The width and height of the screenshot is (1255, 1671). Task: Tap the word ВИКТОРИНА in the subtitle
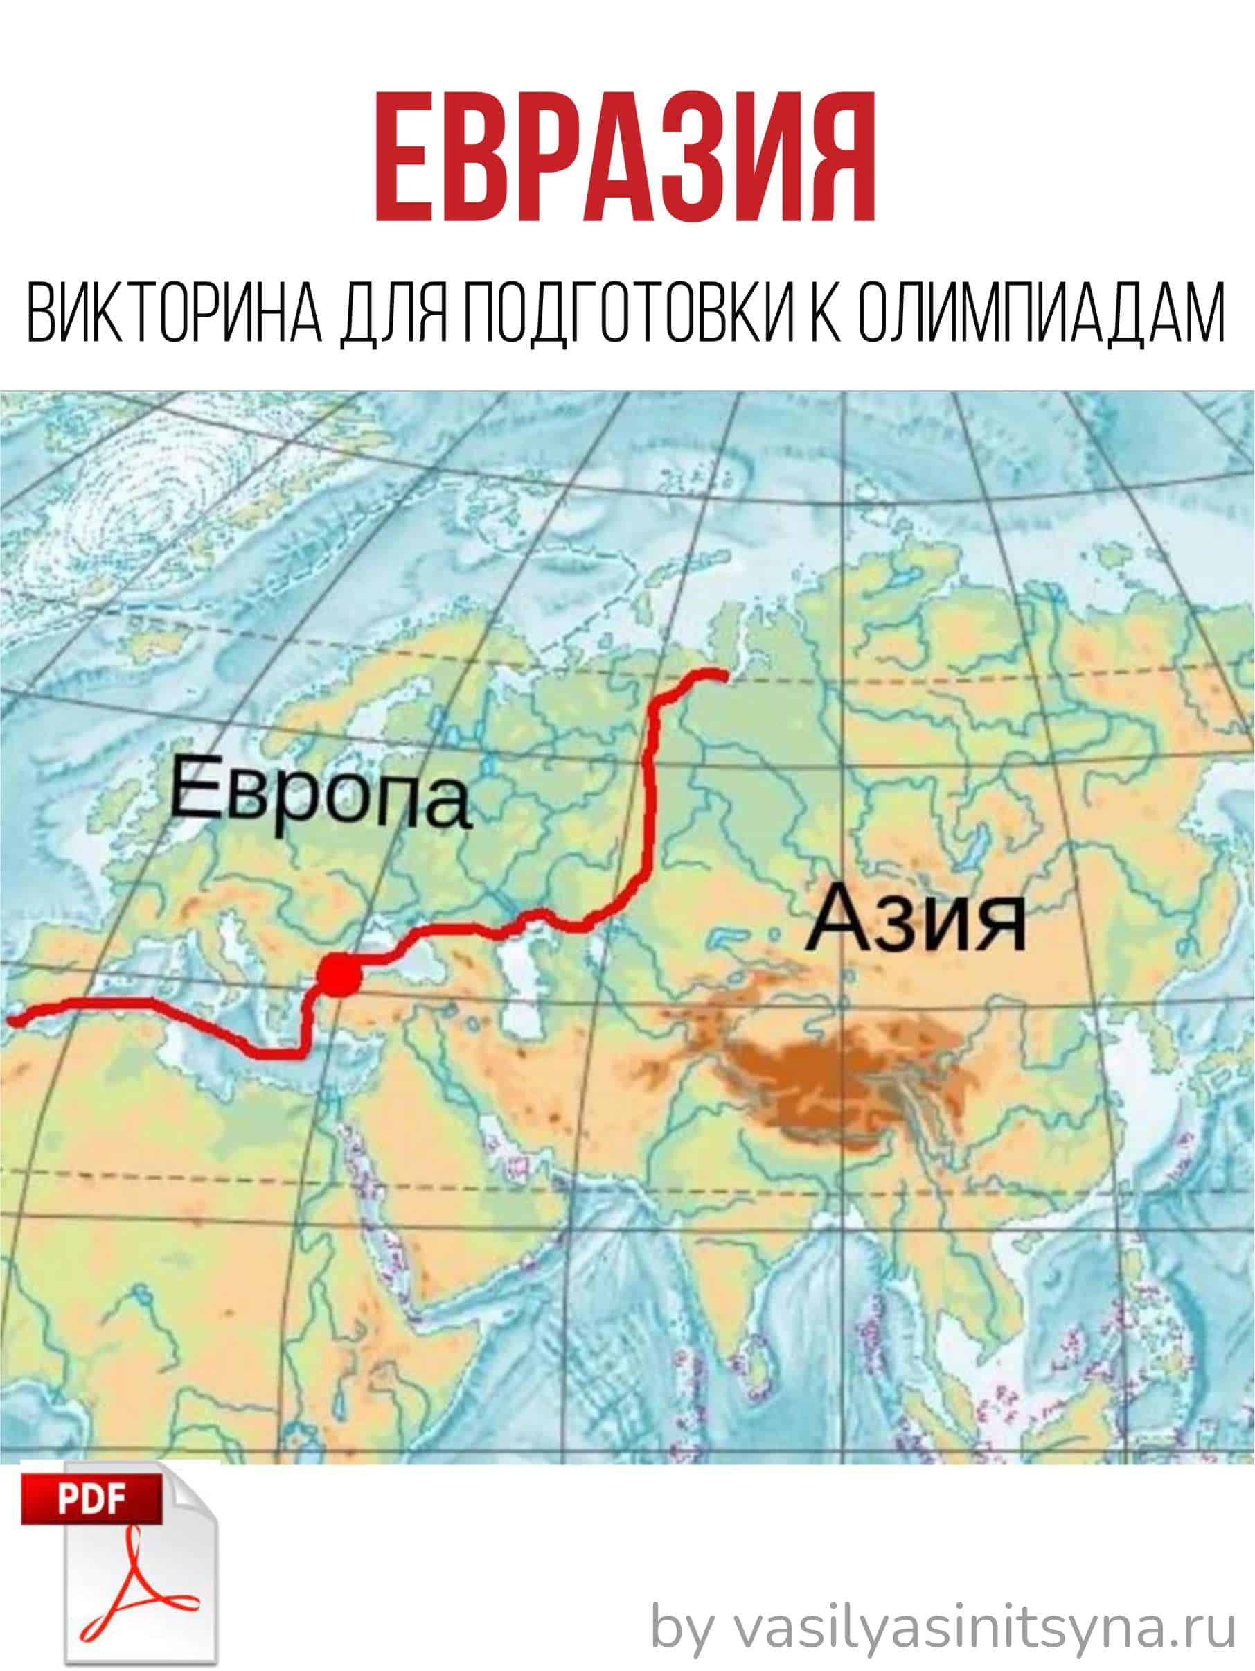173,312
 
